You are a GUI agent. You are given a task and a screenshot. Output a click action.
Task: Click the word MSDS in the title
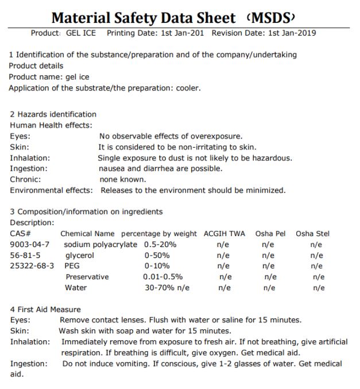(x=273, y=18)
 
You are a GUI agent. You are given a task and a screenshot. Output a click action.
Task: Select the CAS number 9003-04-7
(x=29, y=245)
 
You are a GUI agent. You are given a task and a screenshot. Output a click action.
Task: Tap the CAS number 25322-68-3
(x=32, y=266)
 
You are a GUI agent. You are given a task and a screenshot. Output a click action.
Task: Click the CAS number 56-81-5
(x=25, y=255)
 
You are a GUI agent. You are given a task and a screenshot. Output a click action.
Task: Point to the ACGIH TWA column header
(x=224, y=234)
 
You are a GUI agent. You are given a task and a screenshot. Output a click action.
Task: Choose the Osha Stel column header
(x=313, y=234)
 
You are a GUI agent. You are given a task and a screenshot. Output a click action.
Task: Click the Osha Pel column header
(x=270, y=234)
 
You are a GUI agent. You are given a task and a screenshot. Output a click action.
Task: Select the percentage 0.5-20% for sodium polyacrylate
(x=160, y=245)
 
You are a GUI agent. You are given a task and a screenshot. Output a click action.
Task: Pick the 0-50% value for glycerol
(x=157, y=255)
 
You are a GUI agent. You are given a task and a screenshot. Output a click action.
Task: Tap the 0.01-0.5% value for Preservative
(x=163, y=276)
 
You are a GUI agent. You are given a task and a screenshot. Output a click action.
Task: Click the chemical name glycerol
(x=80, y=256)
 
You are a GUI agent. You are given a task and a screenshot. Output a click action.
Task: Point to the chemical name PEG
(x=72, y=266)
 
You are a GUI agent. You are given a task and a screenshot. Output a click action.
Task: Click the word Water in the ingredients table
(x=76, y=287)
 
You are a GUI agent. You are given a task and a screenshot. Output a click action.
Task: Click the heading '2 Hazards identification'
(x=53, y=114)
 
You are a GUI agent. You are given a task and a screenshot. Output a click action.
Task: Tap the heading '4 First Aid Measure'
(x=45, y=309)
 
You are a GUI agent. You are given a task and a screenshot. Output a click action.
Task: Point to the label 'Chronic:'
(x=25, y=179)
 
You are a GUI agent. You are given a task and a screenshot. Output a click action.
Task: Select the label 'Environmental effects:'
(x=51, y=190)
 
